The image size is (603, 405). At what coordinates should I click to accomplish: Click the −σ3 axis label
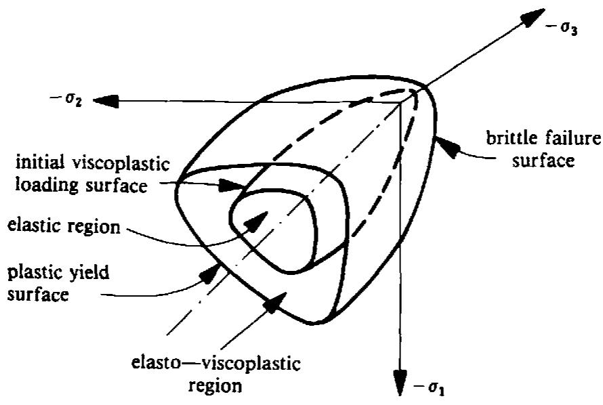(x=562, y=29)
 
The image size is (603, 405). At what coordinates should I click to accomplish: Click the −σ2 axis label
(x=66, y=100)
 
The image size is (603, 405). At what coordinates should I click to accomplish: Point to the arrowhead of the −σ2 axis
(x=106, y=101)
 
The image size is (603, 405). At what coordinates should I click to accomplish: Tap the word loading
(x=47, y=186)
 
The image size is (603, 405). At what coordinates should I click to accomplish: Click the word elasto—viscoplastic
(x=215, y=363)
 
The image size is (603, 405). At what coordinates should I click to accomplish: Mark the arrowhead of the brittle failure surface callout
(x=448, y=148)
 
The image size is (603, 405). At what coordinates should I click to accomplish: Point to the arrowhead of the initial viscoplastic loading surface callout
(x=231, y=186)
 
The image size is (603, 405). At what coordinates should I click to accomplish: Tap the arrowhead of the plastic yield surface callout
(x=210, y=273)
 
